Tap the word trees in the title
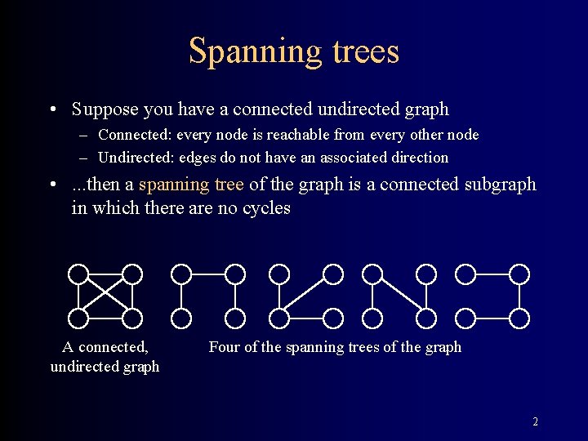tap(365, 51)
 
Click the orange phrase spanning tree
tap(191, 185)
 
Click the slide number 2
tap(535, 422)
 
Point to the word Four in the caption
tap(225, 347)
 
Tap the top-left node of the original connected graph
tap(79, 274)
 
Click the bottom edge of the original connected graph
tap(105, 318)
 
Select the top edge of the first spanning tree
tap(208, 274)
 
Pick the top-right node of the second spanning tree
tap(333, 274)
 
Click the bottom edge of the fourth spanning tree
tap(492, 318)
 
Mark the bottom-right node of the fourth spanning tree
tap(519, 318)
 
